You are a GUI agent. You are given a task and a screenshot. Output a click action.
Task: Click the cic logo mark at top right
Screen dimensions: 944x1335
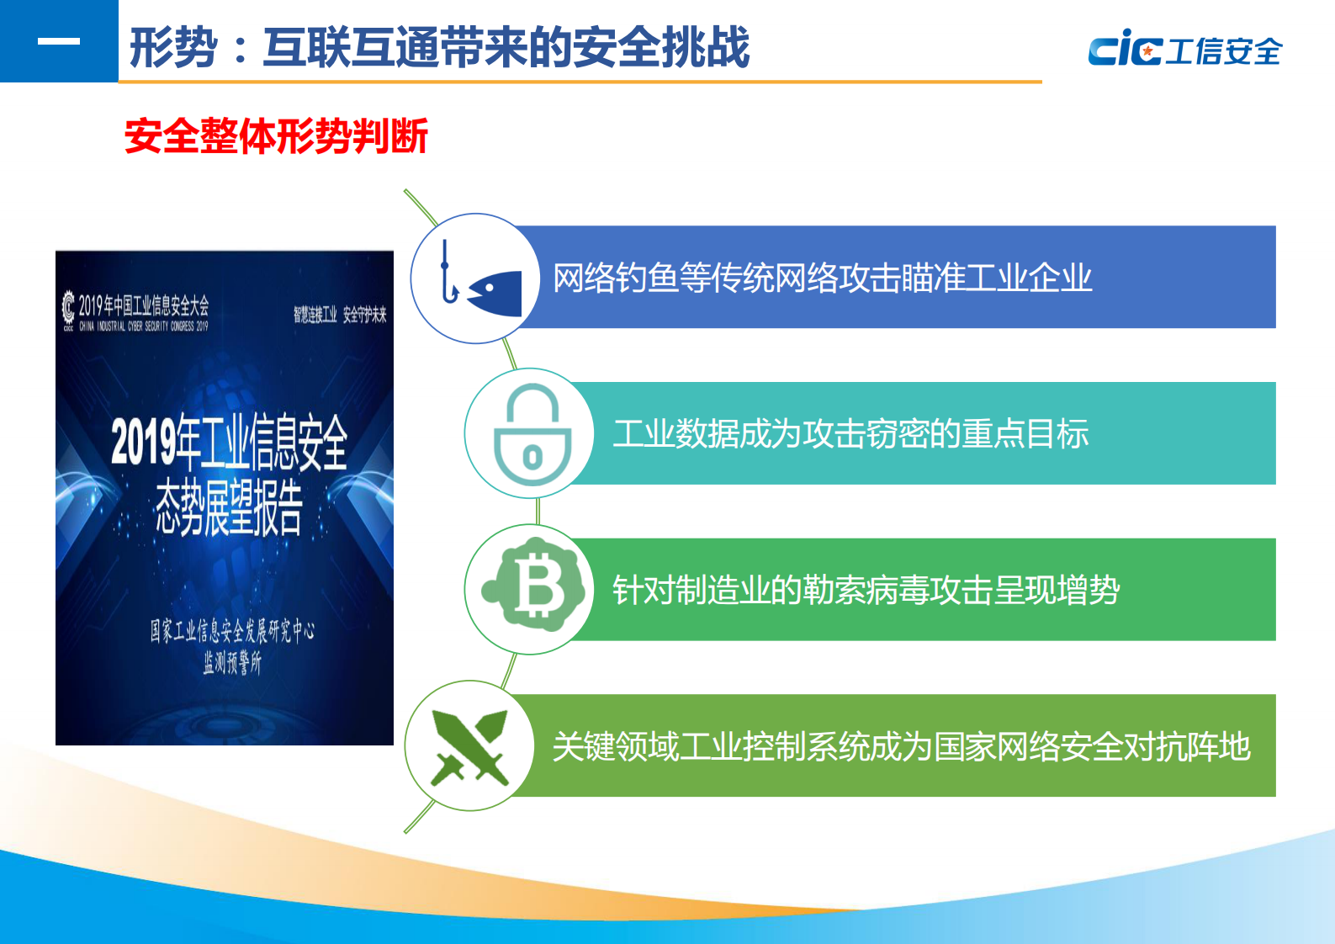tap(1125, 49)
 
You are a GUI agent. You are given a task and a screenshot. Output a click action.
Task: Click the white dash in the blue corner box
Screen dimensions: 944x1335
tap(59, 41)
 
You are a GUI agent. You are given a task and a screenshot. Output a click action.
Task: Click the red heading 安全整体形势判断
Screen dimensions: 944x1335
tap(276, 136)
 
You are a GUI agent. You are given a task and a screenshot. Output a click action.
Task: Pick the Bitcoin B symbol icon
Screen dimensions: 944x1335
tap(535, 588)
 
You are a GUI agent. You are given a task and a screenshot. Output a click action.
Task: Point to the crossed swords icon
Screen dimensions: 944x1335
tap(469, 746)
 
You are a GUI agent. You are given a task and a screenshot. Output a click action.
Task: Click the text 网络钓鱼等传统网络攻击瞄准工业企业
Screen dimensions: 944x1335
tap(822, 278)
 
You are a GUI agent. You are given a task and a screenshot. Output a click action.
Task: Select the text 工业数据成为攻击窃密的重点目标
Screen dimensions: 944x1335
tap(850, 434)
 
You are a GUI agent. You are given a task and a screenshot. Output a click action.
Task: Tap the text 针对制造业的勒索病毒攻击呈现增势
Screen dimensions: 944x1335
tap(866, 590)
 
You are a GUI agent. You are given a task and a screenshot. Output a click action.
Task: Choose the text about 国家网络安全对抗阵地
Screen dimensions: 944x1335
tap(901, 746)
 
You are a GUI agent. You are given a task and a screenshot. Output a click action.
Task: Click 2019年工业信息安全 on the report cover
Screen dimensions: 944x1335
tap(229, 441)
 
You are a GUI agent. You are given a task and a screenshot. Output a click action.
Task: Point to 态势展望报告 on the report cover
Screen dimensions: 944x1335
tap(229, 507)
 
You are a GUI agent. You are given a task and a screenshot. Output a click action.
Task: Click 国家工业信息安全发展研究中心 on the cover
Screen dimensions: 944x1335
tap(232, 630)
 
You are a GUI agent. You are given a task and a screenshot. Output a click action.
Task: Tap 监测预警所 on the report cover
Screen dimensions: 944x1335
tap(232, 663)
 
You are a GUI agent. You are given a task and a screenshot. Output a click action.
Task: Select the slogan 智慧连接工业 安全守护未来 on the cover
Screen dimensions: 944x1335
tap(340, 315)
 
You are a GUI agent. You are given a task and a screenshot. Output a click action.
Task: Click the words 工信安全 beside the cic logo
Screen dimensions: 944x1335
tap(1225, 51)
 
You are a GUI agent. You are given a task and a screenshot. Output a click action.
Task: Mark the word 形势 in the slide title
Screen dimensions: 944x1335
tap(173, 47)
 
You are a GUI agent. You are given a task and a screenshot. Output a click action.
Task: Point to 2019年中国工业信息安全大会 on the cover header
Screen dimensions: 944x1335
tap(144, 305)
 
